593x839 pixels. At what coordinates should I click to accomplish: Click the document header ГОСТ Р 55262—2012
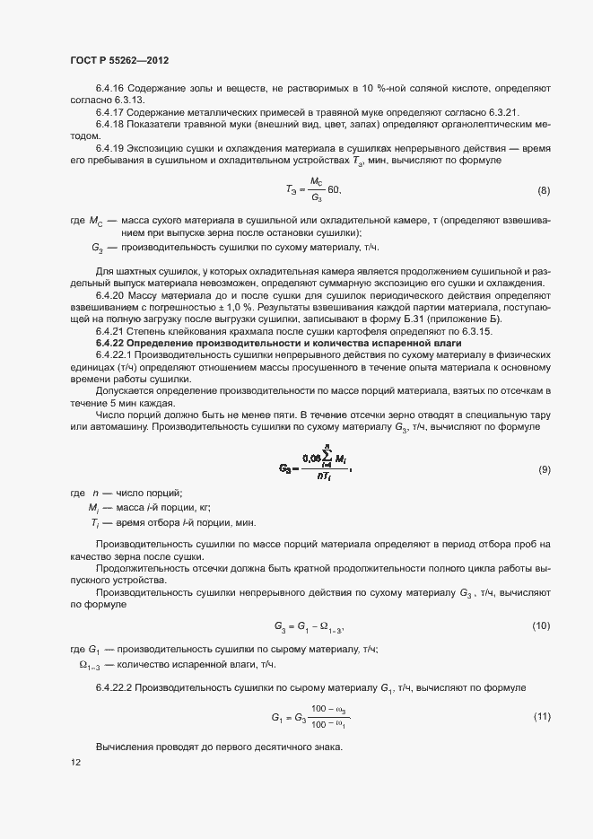[119, 60]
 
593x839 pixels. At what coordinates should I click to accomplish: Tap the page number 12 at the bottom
[75, 763]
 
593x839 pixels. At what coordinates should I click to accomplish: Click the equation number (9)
[543, 470]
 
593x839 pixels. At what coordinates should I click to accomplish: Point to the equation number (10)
[541, 625]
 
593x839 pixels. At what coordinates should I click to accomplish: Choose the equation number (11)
[541, 716]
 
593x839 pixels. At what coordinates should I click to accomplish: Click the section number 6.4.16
[109, 88]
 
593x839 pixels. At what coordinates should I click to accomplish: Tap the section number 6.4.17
[109, 111]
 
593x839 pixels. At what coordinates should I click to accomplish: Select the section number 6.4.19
[109, 147]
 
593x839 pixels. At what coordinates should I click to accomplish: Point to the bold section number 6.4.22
[109, 343]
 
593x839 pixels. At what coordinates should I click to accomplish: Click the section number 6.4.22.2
[114, 687]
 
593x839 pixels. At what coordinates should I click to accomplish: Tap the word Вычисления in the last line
[124, 747]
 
